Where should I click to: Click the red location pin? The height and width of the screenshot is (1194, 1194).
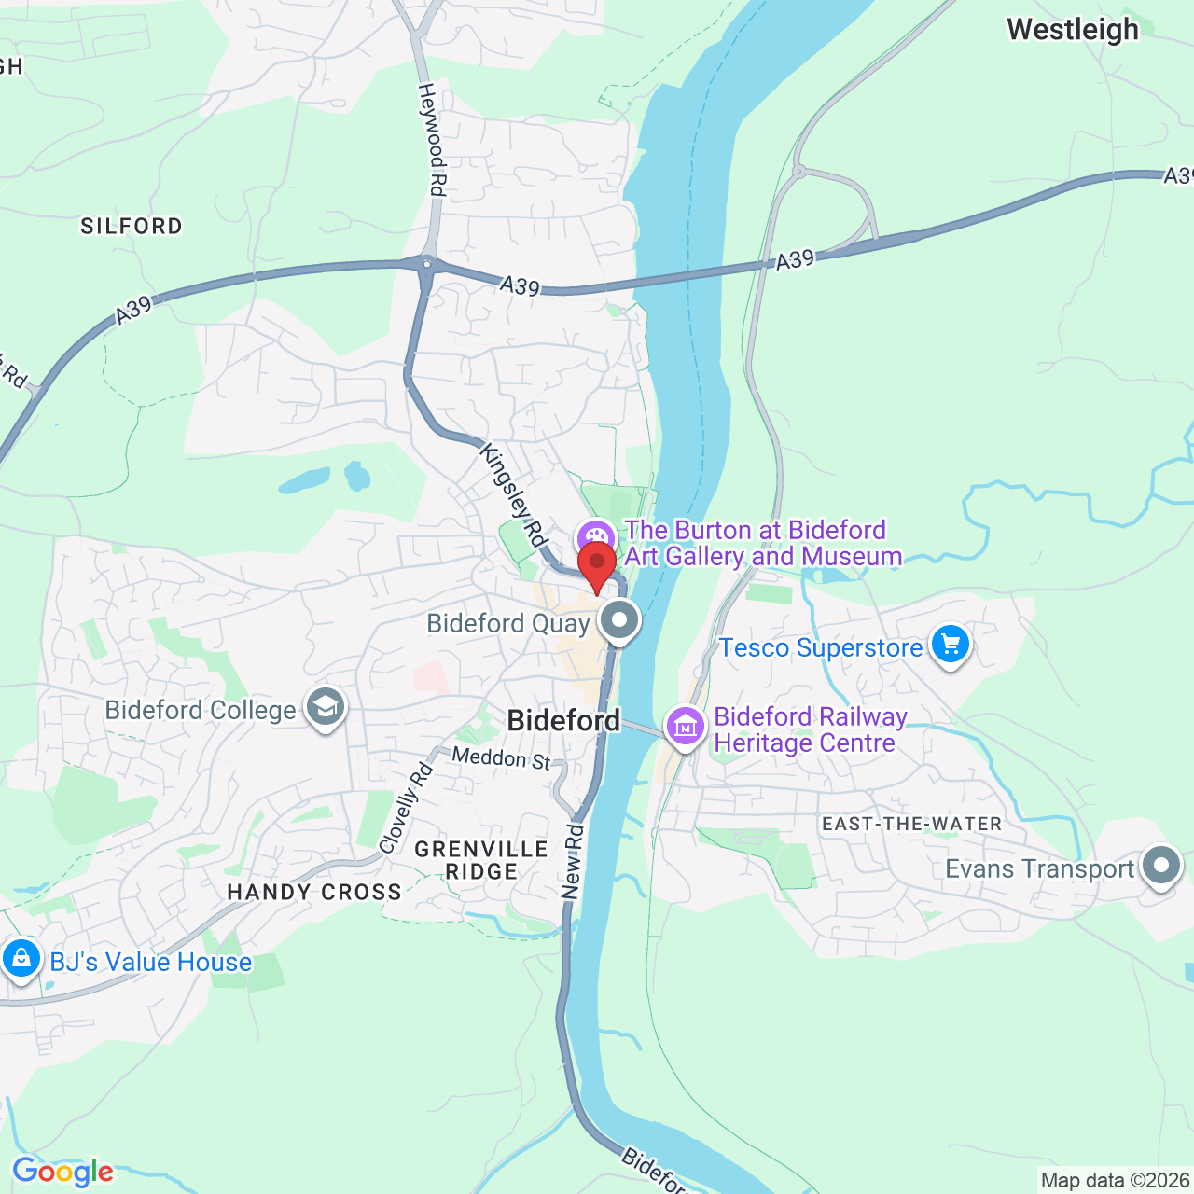(x=597, y=565)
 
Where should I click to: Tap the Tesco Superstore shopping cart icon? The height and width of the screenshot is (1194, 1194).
(x=950, y=644)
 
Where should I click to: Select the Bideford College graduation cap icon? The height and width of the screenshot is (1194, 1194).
(x=325, y=708)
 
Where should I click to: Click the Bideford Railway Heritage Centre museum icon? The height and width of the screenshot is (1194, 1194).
(x=686, y=726)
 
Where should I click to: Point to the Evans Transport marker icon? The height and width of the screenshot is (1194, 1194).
(x=1160, y=867)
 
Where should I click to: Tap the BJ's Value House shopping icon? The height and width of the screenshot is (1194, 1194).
(x=21, y=958)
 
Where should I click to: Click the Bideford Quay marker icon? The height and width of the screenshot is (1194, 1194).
(x=619, y=620)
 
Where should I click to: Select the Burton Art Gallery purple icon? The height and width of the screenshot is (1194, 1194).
(x=594, y=537)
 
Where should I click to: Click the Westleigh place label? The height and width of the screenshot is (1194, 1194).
(x=1073, y=30)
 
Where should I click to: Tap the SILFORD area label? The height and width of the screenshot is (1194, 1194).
(x=132, y=226)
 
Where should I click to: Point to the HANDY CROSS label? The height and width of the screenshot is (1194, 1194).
(x=314, y=892)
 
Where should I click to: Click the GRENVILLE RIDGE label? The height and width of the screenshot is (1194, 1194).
(x=481, y=860)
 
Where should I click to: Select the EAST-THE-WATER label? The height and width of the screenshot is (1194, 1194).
(x=911, y=824)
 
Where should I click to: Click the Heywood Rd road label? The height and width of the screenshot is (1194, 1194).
(x=431, y=140)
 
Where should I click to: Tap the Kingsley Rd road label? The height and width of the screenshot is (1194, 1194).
(x=512, y=494)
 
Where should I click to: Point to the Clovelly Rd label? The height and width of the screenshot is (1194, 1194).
(x=407, y=808)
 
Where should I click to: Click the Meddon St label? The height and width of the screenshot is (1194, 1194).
(x=502, y=757)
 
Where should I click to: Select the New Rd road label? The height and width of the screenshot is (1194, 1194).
(x=573, y=861)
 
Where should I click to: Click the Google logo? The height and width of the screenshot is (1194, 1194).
(x=62, y=1172)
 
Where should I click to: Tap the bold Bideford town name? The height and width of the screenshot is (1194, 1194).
(x=563, y=720)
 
